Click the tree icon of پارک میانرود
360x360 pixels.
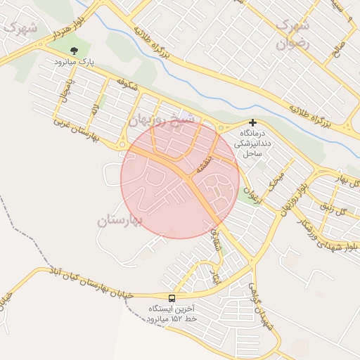point(74,51)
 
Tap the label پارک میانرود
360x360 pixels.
point(74,62)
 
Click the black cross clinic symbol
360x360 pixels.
point(252,122)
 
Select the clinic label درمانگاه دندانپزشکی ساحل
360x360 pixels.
point(252,143)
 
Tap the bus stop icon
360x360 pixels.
point(172,298)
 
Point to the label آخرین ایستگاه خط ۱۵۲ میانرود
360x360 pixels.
point(172,314)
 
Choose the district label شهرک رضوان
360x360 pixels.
point(292,34)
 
